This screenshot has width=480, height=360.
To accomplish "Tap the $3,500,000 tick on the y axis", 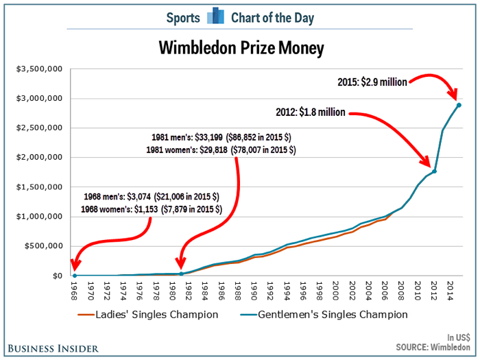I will point(40,69).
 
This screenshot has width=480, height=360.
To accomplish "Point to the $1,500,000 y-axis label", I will point(40,187).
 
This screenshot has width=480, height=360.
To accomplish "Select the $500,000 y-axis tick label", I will point(44,246).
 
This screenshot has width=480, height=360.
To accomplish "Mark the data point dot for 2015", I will point(459,105).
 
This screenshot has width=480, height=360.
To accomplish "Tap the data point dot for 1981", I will point(180,274).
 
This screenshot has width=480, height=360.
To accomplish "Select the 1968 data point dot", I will point(74,276).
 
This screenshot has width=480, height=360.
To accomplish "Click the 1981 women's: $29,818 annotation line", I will point(221,149).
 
